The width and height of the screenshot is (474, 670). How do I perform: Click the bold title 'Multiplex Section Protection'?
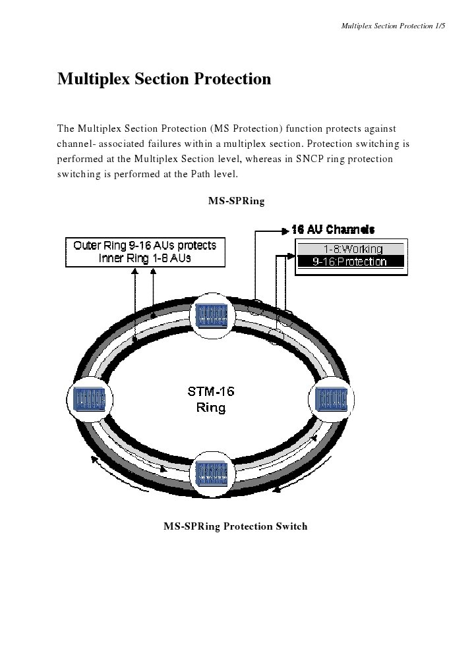pos(164,80)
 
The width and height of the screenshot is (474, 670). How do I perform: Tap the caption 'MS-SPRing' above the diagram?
pos(236,201)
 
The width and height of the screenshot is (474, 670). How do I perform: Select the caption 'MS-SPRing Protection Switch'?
pos(235,526)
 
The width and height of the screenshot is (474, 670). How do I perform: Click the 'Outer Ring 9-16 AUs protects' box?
pos(144,252)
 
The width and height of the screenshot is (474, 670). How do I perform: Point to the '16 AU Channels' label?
pos(333,229)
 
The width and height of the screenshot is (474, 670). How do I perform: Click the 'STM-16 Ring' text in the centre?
pos(211,399)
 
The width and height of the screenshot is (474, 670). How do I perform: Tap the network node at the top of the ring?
pos(212,316)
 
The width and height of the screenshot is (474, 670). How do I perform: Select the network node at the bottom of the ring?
pos(212,474)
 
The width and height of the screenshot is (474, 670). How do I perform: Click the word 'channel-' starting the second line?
pos(77,144)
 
